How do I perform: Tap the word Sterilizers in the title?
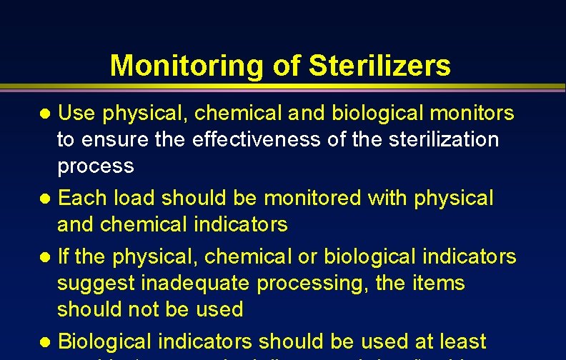pos(380,66)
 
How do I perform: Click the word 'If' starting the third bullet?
pos(63,256)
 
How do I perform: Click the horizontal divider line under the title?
pos(283,89)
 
